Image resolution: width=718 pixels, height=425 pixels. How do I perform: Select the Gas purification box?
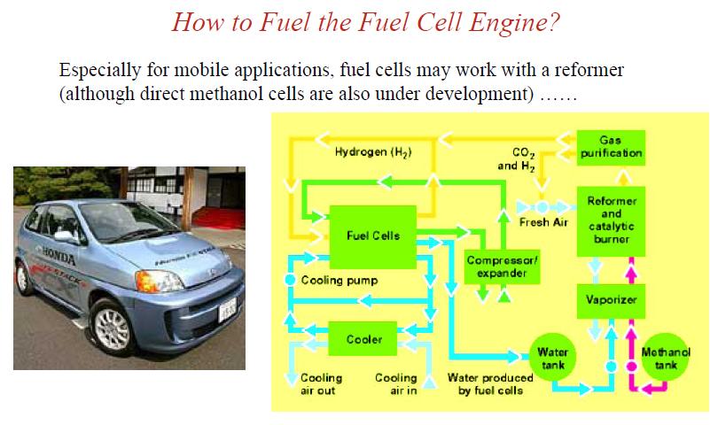610,147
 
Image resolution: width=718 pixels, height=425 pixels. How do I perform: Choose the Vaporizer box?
611,301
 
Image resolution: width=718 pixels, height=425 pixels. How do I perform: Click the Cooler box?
364,339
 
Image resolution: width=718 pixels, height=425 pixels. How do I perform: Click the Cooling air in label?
395,383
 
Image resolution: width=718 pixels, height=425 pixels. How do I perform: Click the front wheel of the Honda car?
113,330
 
